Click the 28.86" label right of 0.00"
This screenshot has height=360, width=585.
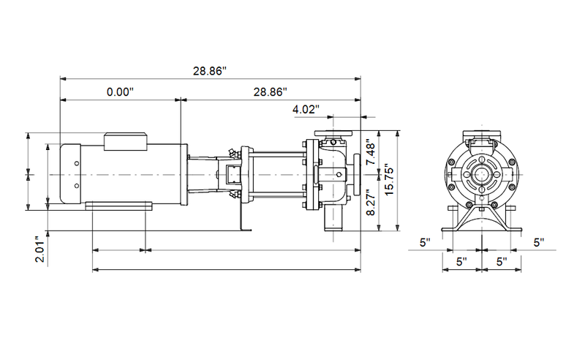270,92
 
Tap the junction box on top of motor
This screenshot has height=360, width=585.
127,140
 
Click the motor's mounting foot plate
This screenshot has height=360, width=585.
118,208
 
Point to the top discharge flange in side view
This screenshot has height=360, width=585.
333,134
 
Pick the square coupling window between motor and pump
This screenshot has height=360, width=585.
233,176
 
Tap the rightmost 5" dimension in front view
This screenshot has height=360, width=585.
540,241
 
